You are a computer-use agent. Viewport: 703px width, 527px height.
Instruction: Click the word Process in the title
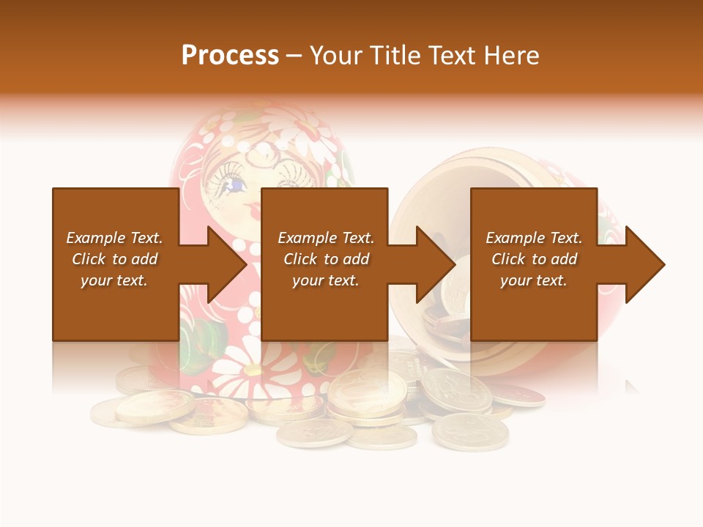230,56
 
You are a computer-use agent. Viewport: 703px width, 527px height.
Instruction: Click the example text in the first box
114,259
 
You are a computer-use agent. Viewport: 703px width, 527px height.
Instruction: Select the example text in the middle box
325,259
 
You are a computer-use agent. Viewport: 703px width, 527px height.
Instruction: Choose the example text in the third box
533,259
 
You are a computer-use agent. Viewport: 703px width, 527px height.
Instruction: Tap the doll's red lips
253,211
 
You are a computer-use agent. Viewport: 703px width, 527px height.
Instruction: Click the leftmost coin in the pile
110,414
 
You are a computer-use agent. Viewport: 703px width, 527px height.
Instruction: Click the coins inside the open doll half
454,293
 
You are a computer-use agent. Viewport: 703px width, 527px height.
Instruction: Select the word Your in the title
334,56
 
